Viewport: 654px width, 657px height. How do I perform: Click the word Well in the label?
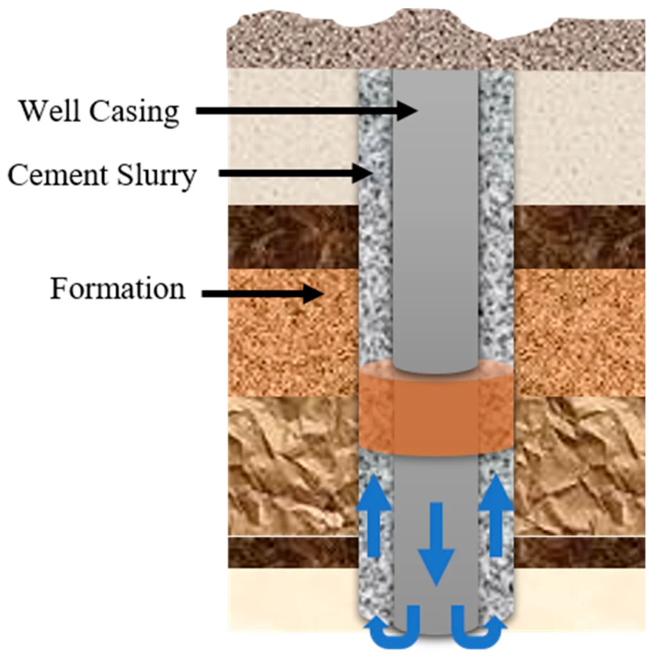click(49, 111)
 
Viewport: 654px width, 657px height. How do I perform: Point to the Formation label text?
click(117, 289)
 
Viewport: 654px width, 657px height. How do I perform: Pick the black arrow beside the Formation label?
click(263, 294)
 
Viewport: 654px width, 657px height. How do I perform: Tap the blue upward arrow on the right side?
click(496, 513)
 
